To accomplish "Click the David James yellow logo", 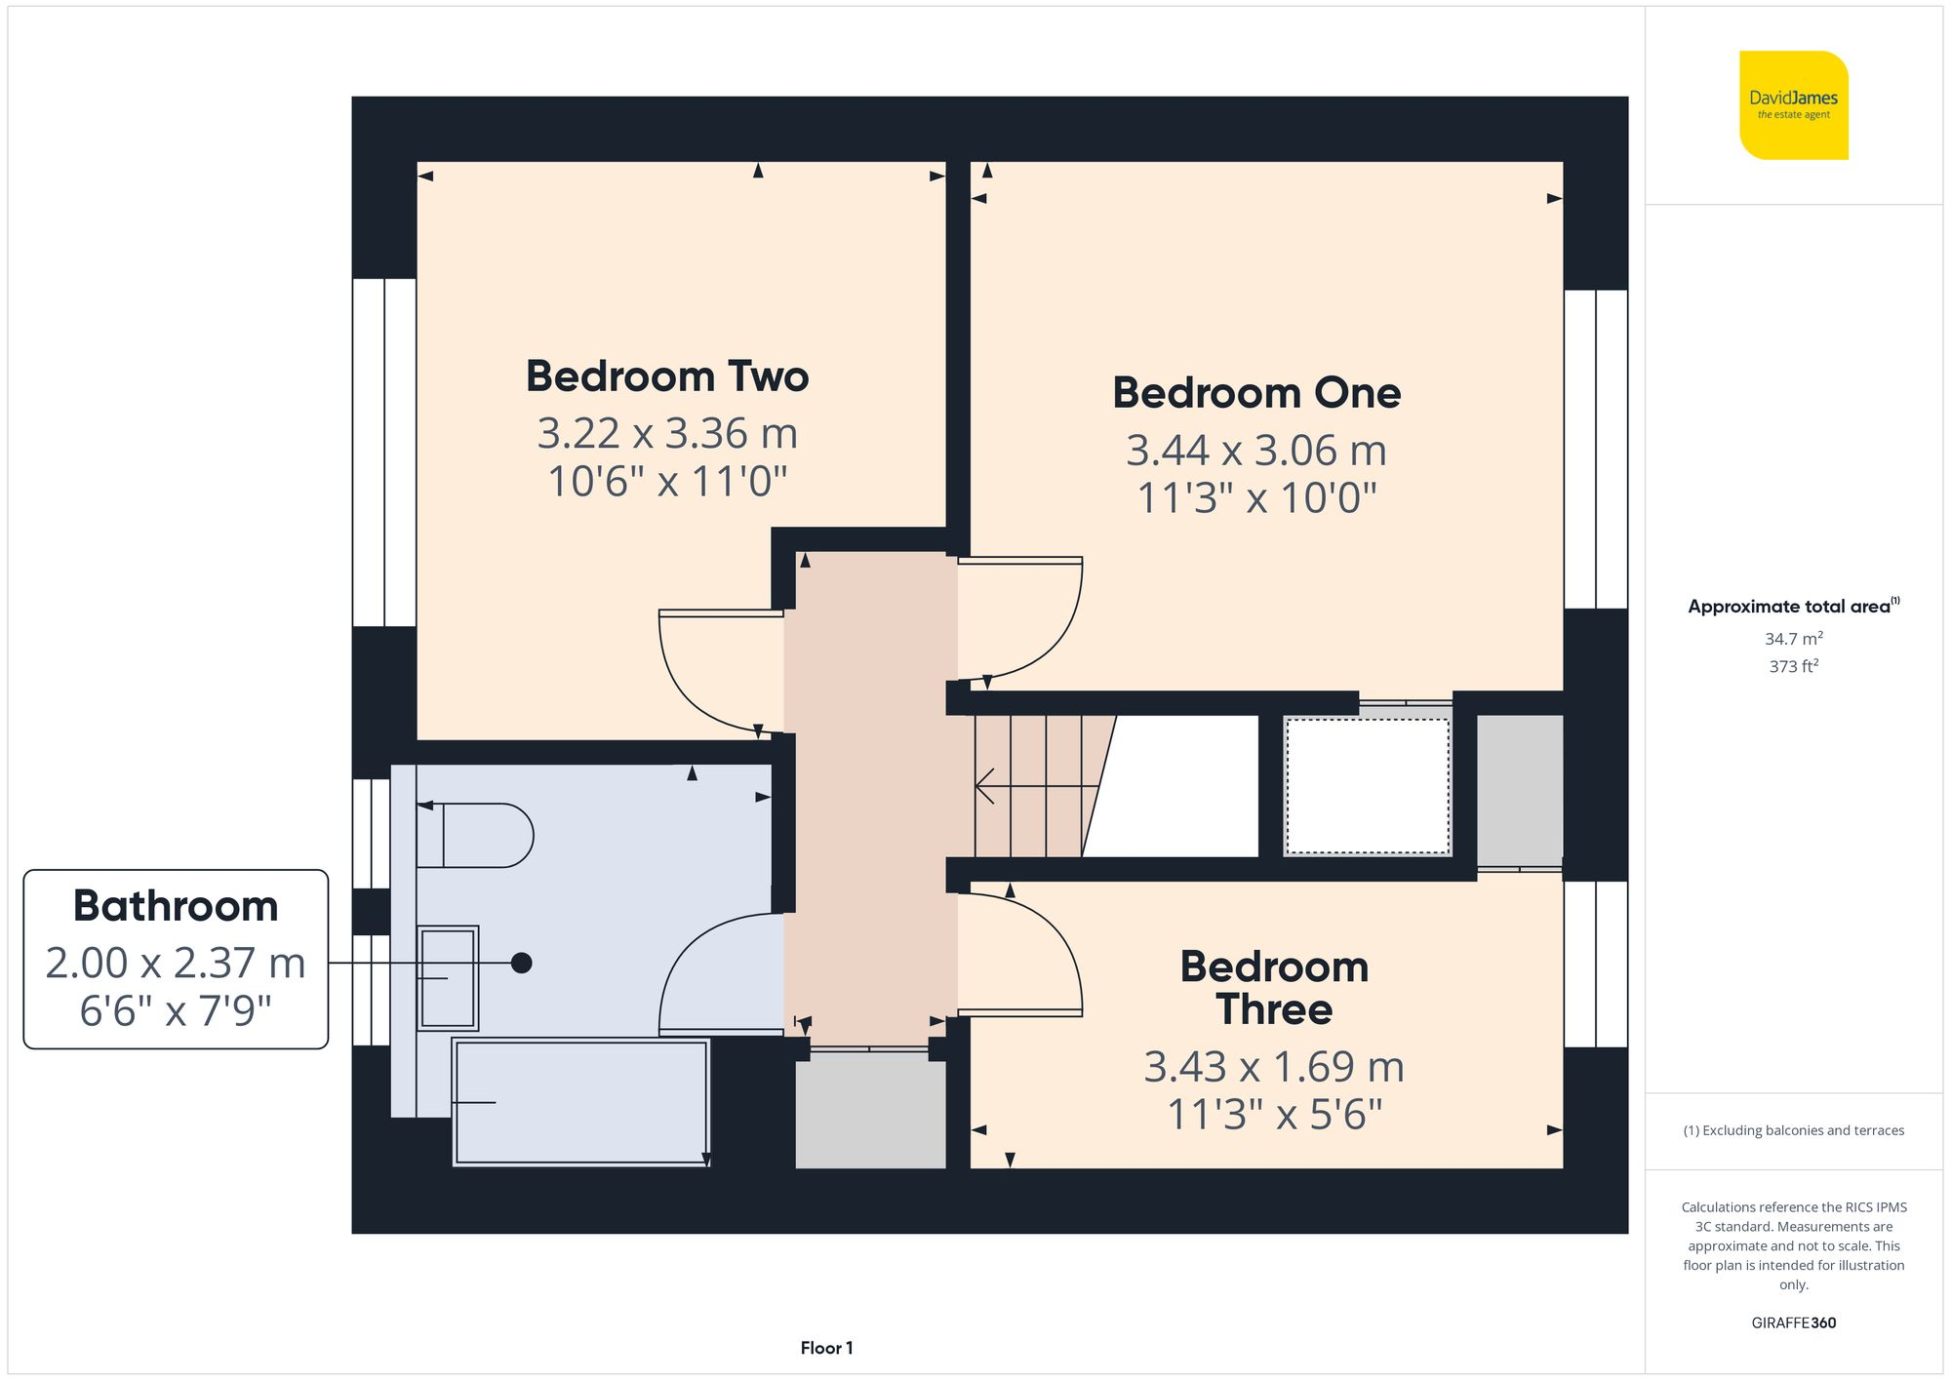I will (x=1793, y=105).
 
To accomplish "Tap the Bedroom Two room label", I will (x=667, y=376).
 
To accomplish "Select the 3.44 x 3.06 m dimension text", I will (x=1256, y=451).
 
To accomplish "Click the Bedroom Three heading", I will (x=1274, y=988).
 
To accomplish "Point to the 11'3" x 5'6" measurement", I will (x=1274, y=1115).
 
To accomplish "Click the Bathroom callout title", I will (x=176, y=906).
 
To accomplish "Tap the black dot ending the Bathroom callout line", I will (x=522, y=963).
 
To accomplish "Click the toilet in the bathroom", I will (x=478, y=836).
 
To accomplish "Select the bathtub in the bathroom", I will (x=581, y=1102).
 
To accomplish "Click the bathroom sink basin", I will (x=448, y=977).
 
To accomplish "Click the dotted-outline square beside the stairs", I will (x=1368, y=786).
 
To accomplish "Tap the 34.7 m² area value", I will (x=1793, y=639).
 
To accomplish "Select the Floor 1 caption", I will (x=826, y=1348).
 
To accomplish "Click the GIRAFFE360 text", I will (x=1793, y=1322).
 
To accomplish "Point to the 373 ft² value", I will (x=1793, y=666).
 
